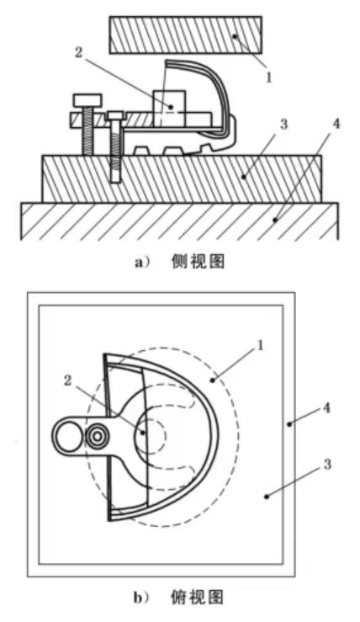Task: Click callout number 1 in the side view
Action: tap(269, 77)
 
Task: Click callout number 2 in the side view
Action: tap(78, 52)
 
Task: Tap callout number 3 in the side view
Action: tap(283, 125)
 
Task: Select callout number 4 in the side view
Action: tap(336, 125)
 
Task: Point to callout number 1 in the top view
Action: tap(260, 346)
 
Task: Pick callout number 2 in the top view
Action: tap(68, 380)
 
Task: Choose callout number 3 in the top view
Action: tap(327, 465)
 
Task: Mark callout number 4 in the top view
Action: tap(326, 407)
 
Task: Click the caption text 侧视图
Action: tap(199, 262)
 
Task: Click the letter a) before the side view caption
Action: tap(141, 263)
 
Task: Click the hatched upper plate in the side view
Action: tap(185, 35)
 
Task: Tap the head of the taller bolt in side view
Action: tap(87, 100)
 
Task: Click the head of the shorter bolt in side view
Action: tap(115, 115)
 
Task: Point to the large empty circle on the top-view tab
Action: tap(68, 436)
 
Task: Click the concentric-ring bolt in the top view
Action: tap(97, 436)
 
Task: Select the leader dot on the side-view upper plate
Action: tap(235, 36)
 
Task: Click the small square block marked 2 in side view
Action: tap(169, 109)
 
